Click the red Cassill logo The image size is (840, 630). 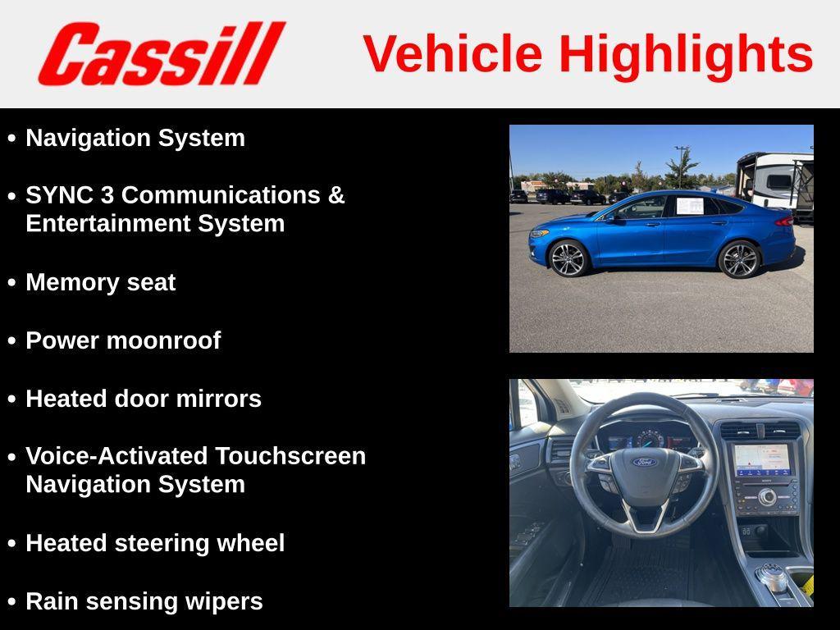pyautogui.click(x=161, y=53)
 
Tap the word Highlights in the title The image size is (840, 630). pyautogui.click(x=686, y=54)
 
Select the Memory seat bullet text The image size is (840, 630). pyautogui.click(x=100, y=282)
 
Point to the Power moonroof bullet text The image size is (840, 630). pyautogui.click(x=123, y=340)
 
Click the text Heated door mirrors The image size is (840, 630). pyautogui.click(x=144, y=399)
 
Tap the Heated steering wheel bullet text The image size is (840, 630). pyautogui.click(x=155, y=543)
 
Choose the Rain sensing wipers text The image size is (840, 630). pyautogui.click(x=144, y=601)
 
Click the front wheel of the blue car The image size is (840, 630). pyautogui.click(x=568, y=258)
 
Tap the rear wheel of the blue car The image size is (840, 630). pyautogui.click(x=739, y=259)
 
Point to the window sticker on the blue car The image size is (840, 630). pyautogui.click(x=689, y=205)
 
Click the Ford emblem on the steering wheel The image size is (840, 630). pyautogui.click(x=645, y=462)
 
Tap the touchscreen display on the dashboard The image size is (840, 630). pyautogui.click(x=763, y=459)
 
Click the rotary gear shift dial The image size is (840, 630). pyautogui.click(x=771, y=577)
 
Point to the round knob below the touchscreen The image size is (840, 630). pyautogui.click(x=767, y=496)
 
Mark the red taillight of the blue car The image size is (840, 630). pyautogui.click(x=785, y=221)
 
